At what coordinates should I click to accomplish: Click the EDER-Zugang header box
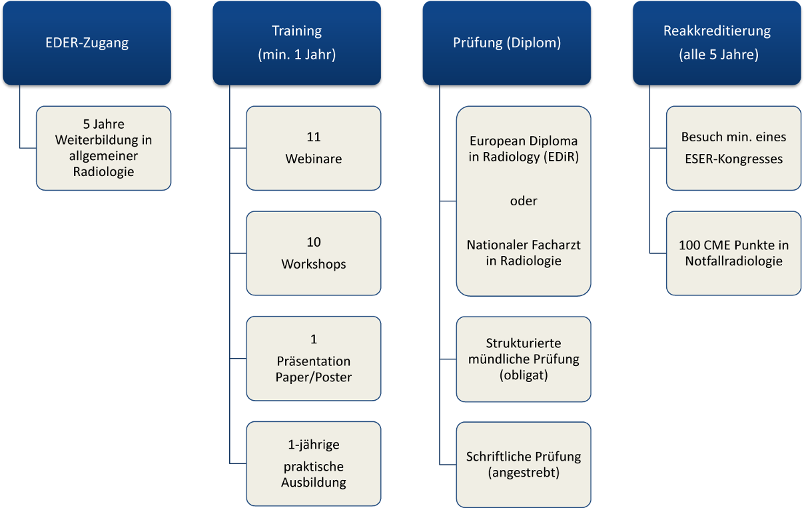coord(87,43)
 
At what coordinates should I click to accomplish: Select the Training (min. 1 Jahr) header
coord(296,43)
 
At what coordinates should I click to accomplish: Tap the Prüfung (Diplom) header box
coord(506,43)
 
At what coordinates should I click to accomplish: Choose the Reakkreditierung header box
coord(717,43)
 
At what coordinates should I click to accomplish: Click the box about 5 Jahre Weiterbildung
coord(103,148)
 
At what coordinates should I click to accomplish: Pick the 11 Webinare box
coord(313,148)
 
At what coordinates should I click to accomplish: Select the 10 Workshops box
coord(313,253)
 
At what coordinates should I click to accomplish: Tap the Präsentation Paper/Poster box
coord(313,359)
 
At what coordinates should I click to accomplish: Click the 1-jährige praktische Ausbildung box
coord(313,463)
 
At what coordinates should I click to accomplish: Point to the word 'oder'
coord(524,201)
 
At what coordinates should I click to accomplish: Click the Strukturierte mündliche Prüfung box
coord(524,359)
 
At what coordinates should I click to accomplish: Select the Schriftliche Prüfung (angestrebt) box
coord(524,464)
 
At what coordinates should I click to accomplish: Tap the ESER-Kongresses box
coord(733,148)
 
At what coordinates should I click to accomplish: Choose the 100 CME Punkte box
coord(733,253)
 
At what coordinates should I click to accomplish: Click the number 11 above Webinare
coord(314,137)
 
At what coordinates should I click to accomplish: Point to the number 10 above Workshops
coord(314,242)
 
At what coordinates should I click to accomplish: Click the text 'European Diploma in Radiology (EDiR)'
coord(524,149)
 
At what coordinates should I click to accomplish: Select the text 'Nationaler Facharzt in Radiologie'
coord(524,253)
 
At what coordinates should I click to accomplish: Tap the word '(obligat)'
coord(524,375)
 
